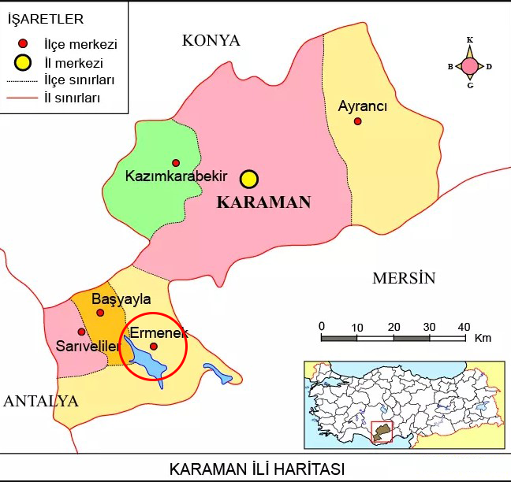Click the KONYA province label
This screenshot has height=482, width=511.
point(211,41)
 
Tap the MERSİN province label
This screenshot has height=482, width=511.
point(404,278)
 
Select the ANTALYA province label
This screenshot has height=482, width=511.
point(40,401)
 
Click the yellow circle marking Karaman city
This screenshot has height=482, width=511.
point(249,179)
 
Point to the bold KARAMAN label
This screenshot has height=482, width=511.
point(263,202)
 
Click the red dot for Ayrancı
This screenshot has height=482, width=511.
point(357,121)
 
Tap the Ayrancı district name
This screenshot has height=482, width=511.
point(362,106)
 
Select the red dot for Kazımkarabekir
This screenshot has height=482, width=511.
point(176,163)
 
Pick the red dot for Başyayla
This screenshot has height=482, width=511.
point(100,313)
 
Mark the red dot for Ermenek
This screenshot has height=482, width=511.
point(154,346)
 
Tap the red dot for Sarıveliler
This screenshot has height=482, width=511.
point(81,332)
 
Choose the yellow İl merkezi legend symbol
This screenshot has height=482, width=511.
point(24,61)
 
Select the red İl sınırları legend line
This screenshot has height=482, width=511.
point(22,99)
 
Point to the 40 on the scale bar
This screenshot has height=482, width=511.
point(464,327)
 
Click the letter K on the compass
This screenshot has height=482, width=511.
point(470,39)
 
